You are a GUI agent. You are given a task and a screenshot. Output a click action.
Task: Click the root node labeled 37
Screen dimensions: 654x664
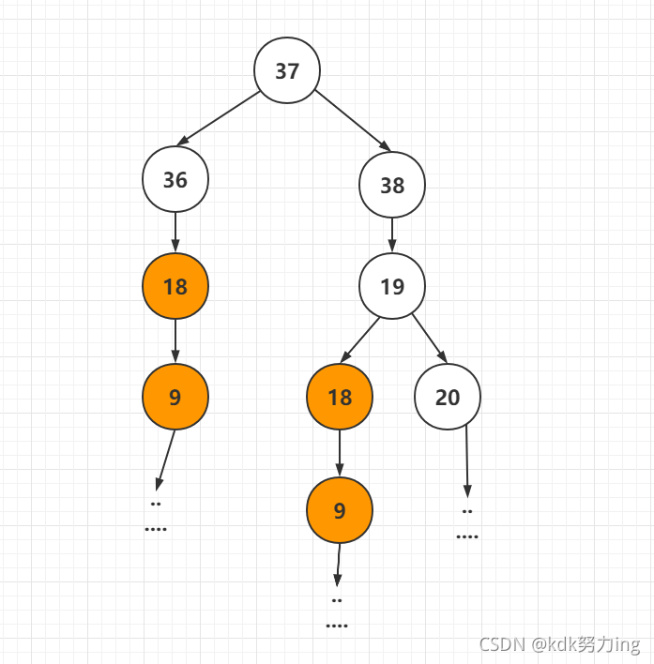(x=287, y=71)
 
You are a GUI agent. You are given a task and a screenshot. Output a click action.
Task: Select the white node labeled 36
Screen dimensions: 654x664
(x=175, y=179)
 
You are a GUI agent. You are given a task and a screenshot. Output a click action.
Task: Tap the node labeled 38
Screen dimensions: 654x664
(x=392, y=185)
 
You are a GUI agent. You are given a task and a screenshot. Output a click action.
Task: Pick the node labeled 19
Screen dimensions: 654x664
(x=392, y=286)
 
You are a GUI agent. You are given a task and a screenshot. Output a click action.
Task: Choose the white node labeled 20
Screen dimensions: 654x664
(x=448, y=397)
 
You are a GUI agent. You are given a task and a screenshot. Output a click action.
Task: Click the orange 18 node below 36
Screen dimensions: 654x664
(x=175, y=286)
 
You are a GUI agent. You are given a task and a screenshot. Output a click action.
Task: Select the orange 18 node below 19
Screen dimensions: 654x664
(x=340, y=397)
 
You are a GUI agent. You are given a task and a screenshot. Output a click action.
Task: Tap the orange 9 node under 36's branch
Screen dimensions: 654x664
(x=175, y=397)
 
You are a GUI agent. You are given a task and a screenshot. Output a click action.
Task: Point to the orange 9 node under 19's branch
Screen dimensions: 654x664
(x=340, y=509)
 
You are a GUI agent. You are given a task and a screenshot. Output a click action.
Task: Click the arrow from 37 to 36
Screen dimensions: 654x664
(x=219, y=118)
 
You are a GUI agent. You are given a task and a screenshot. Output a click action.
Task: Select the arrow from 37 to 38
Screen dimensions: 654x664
(x=353, y=120)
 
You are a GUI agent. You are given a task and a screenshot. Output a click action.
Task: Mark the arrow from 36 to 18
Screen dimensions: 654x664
(x=175, y=233)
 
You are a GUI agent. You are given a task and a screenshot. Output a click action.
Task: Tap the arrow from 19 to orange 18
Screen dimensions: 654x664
(x=361, y=340)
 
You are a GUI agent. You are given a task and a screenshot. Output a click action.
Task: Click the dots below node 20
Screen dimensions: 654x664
(x=466, y=524)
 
